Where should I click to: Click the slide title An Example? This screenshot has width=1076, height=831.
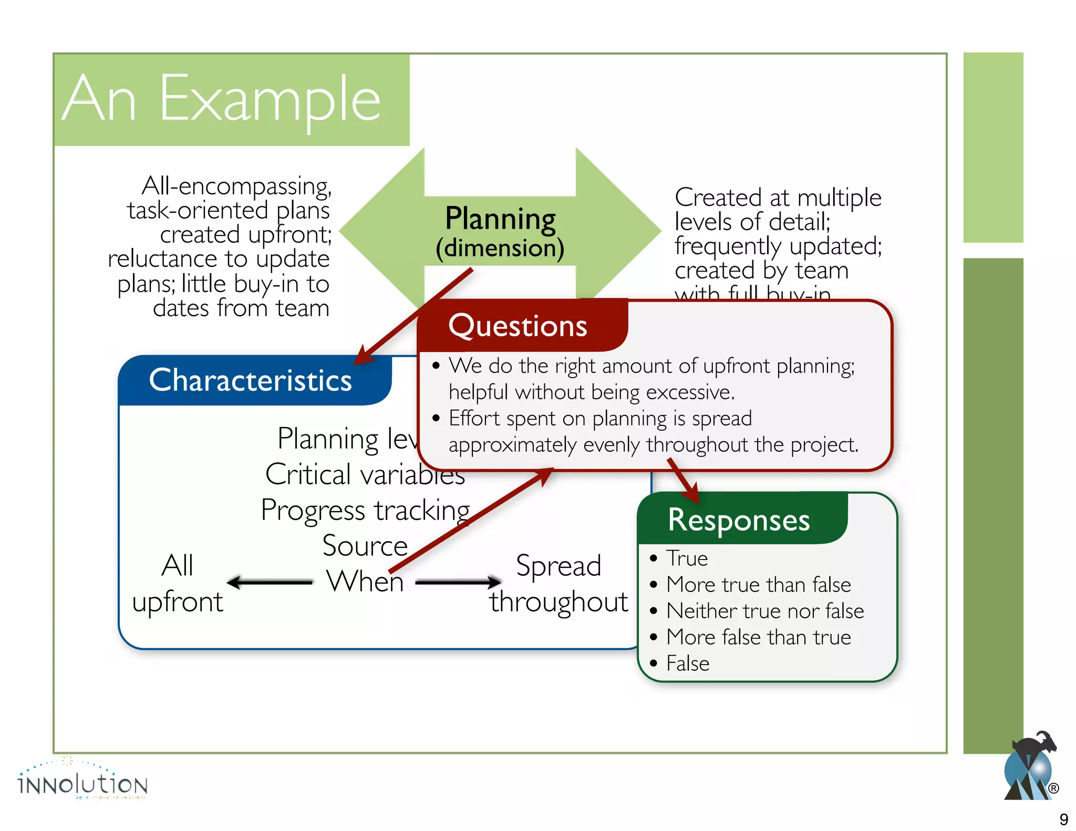point(221,99)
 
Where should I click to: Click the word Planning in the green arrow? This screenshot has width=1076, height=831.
point(500,219)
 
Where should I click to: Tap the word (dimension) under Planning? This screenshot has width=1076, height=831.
point(500,248)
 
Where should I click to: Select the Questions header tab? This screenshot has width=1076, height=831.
point(518,326)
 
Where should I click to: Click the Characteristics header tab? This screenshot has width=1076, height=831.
point(251,380)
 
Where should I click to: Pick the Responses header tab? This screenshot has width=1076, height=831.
point(738,520)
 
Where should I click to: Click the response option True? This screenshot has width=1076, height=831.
point(687,558)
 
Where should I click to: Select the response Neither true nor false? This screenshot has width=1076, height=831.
point(764,611)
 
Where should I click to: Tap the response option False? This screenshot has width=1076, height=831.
point(687,663)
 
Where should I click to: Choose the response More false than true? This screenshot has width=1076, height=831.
point(758,637)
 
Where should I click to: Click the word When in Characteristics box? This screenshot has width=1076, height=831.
point(365,581)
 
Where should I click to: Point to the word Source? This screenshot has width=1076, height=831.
point(365,546)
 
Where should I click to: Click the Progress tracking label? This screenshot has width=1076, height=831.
point(365,510)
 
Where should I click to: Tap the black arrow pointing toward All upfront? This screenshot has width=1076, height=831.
point(269,582)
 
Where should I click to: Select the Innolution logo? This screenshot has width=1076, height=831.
point(82,782)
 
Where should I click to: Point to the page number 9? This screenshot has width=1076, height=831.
point(1063,819)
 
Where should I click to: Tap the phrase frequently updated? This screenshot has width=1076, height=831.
point(778,246)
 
